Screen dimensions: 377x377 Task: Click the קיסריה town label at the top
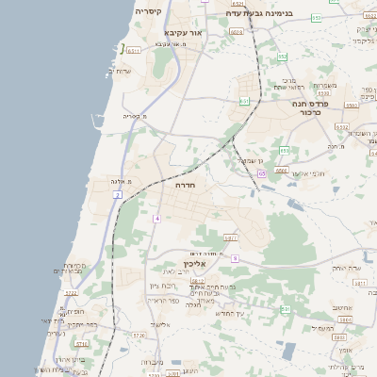148,11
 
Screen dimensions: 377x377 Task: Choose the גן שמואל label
248,161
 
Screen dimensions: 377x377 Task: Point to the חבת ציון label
162,285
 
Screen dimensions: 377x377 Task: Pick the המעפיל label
321,328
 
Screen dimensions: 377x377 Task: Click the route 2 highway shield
116,194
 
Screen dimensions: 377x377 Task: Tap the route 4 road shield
157,218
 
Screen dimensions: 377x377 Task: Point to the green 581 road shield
287,308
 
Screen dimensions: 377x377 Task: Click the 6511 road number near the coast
134,50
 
